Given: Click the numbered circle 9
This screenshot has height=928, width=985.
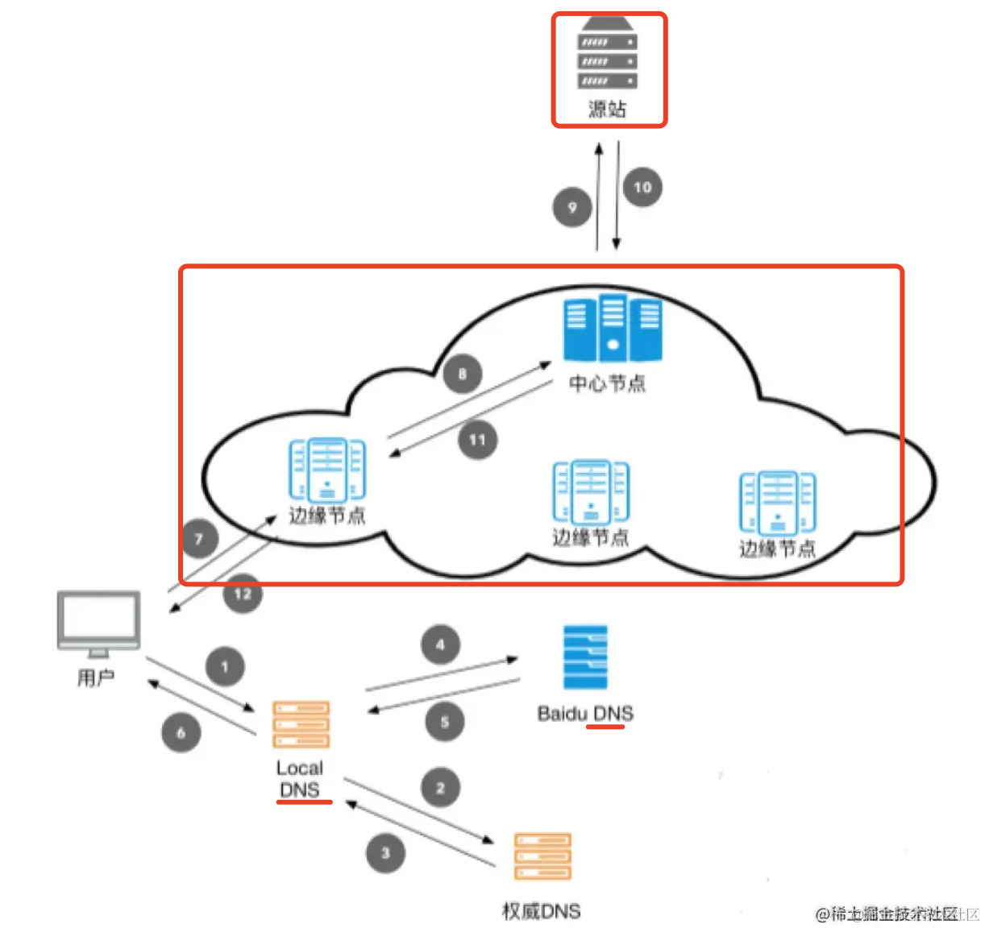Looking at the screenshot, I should click(x=572, y=207).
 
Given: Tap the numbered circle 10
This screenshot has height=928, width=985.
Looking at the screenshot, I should click(x=642, y=187).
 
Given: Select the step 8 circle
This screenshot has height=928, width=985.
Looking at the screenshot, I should click(x=463, y=373).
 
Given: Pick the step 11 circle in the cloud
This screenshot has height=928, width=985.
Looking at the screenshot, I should click(x=478, y=440).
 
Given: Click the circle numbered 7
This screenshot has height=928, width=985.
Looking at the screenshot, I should click(x=199, y=538).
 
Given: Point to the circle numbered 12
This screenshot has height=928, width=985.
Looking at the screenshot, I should click(x=243, y=594).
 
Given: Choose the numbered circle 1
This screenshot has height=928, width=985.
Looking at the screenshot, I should click(x=225, y=666).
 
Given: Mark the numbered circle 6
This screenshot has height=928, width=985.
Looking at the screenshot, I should click(x=181, y=732).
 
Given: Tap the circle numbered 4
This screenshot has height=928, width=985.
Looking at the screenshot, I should click(x=440, y=644).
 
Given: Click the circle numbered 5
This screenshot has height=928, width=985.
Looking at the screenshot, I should click(x=445, y=722).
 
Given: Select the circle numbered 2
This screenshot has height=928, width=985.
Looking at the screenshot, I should click(x=441, y=788).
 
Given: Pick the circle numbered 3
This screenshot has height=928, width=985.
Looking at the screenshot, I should click(x=385, y=852).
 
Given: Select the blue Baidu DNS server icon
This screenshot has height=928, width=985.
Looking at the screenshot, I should click(x=585, y=657).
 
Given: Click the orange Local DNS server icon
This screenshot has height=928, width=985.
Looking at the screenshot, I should click(x=301, y=724).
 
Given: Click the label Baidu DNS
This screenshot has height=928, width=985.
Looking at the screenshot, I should click(x=585, y=713).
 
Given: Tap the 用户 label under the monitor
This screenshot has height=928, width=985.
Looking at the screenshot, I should click(x=96, y=677).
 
